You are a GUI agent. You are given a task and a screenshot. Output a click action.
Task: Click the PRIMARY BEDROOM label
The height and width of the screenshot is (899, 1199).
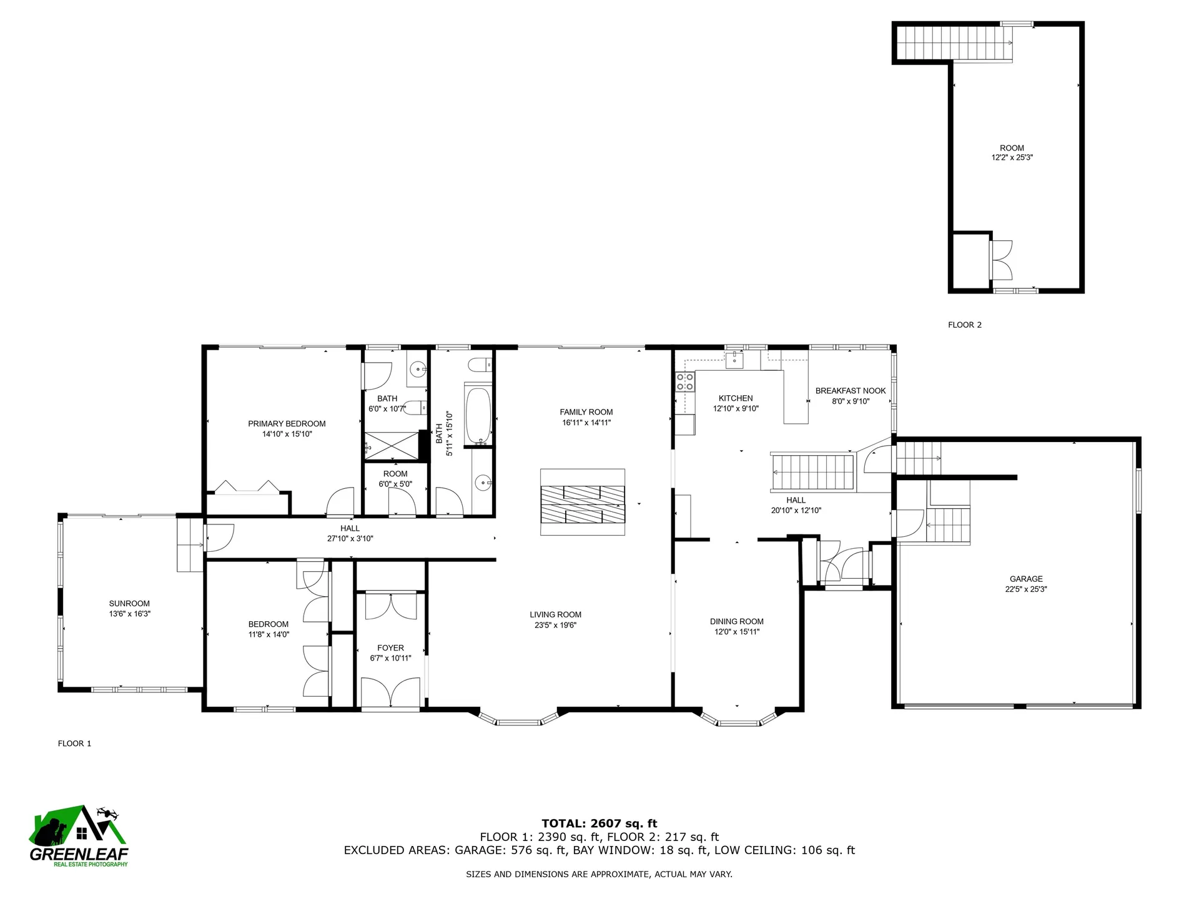[287, 424]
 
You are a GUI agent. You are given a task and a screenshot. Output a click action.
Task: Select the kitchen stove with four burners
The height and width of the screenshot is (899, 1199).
[685, 382]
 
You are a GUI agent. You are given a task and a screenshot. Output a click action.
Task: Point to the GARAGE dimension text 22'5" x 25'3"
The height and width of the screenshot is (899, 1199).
[1026, 589]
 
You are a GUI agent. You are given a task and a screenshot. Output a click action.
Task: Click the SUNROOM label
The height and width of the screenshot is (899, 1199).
[129, 604]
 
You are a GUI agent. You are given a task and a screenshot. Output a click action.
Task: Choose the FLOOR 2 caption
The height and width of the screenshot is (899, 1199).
[964, 325]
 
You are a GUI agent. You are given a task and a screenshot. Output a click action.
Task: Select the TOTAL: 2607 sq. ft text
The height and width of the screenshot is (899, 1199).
[599, 823]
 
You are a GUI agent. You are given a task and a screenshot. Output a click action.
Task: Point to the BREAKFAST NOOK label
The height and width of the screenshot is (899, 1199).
[850, 391]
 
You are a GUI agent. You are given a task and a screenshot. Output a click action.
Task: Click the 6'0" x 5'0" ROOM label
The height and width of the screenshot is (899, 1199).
[395, 474]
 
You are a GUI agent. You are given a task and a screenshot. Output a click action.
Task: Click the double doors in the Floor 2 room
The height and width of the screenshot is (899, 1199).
[1002, 260]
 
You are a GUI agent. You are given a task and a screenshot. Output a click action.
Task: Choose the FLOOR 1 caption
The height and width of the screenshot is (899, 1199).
[74, 744]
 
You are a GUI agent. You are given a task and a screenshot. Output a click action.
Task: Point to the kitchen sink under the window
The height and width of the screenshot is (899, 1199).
[735, 360]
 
